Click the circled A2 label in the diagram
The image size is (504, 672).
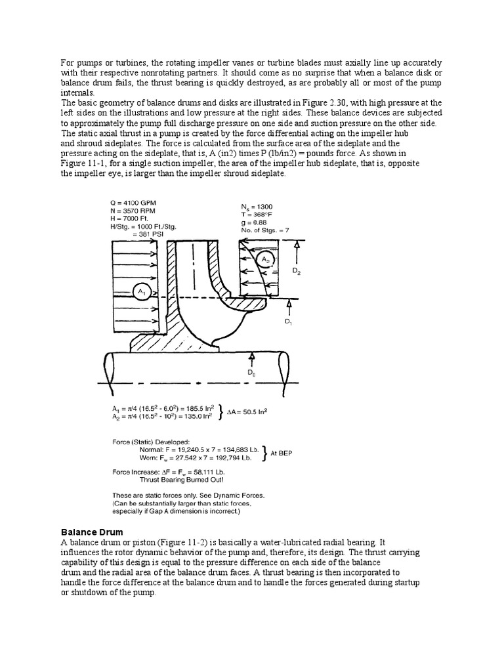click(265, 259)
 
